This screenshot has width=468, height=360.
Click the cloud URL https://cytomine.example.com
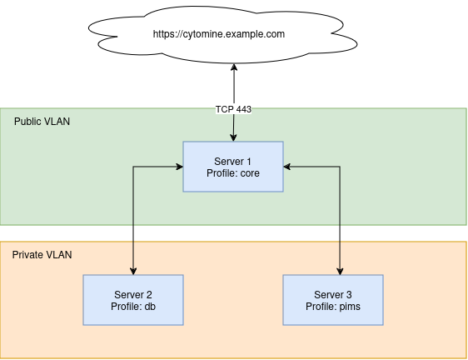[219, 34]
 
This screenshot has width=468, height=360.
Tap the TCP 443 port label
[233, 109]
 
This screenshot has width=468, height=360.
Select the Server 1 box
[233, 167]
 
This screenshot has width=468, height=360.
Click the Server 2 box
[133, 300]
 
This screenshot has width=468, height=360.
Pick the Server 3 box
[333, 300]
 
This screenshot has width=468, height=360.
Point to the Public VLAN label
[42, 122]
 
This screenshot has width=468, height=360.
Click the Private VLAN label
[42, 254]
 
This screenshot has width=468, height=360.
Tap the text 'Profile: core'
[233, 173]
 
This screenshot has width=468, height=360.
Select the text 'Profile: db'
[133, 307]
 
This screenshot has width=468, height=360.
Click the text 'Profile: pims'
[333, 307]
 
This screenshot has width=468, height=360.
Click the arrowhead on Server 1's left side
[179, 167]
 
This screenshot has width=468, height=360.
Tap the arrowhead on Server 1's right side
[287, 167]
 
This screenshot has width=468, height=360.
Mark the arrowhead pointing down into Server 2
[133, 271]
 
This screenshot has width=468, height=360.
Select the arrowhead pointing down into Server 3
[340, 271]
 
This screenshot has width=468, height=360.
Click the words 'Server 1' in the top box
[233, 161]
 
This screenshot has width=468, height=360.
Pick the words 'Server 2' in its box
[133, 295]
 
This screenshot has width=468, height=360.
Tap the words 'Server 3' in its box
[333, 295]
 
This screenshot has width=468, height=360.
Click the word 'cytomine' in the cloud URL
[207, 35]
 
